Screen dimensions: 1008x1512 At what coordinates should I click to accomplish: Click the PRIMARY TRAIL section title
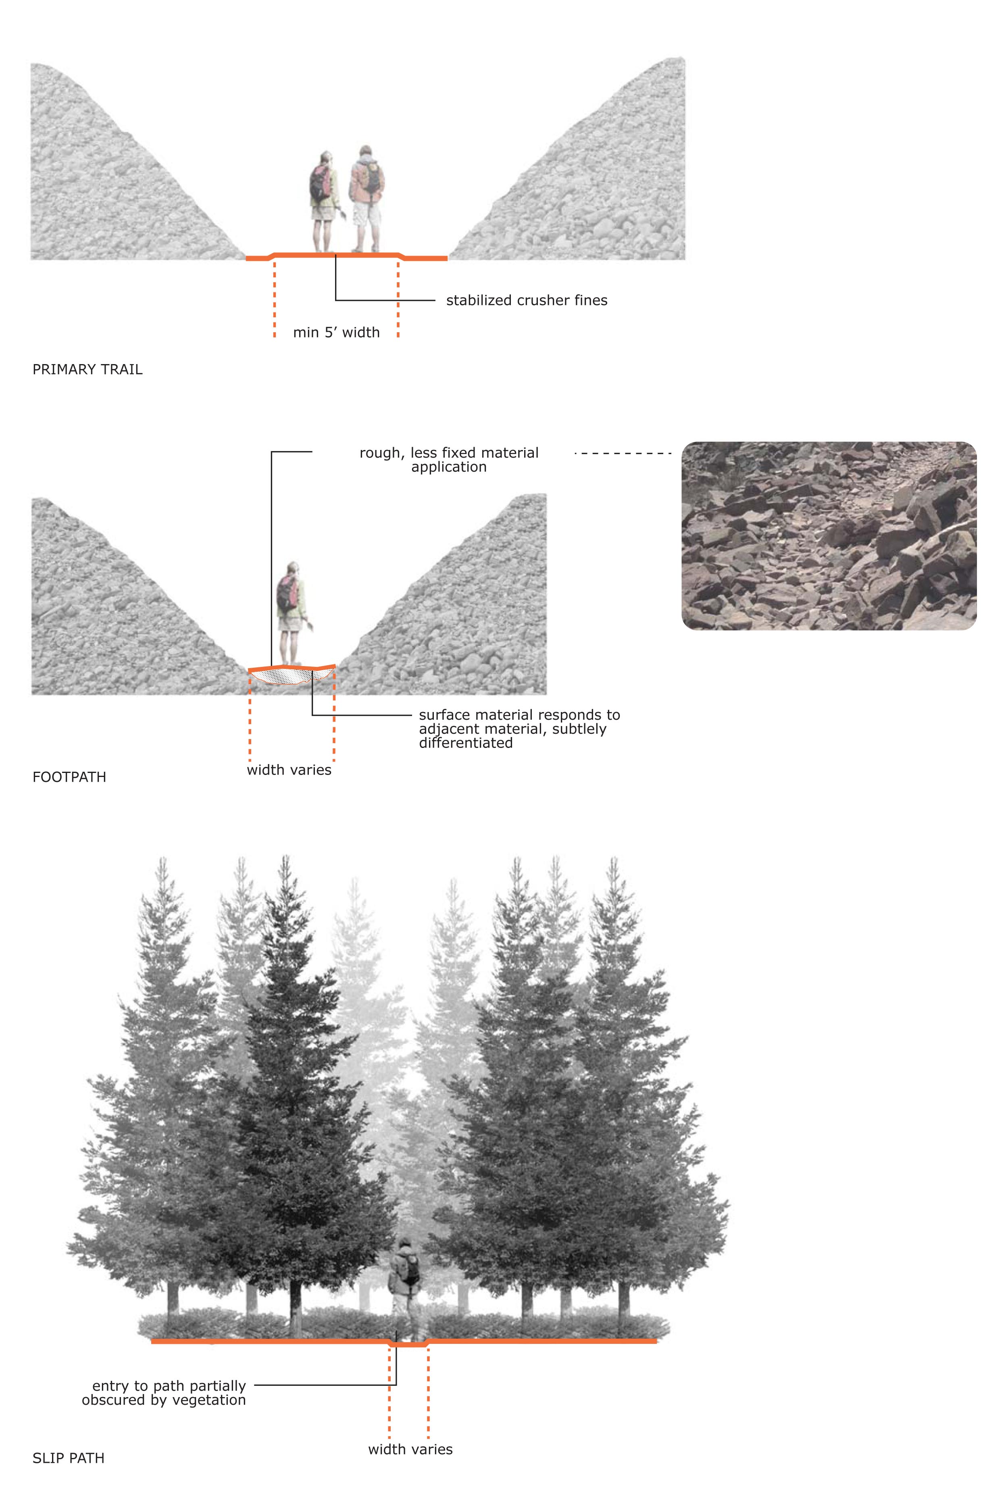point(87,370)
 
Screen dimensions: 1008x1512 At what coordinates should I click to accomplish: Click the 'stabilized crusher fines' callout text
point(527,300)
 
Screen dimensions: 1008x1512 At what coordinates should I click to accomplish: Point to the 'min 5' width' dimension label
point(336,332)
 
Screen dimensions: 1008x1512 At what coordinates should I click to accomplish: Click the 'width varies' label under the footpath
point(289,770)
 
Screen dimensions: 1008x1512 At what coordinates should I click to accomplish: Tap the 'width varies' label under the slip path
point(410,1449)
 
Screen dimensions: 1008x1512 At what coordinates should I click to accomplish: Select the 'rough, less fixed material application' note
point(449,460)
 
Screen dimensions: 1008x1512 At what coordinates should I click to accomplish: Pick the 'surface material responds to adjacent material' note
point(519,729)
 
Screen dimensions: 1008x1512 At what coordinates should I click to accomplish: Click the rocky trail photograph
point(829,535)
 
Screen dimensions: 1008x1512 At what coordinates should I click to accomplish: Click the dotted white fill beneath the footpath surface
point(291,676)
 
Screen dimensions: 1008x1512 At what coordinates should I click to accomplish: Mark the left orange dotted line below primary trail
point(275,297)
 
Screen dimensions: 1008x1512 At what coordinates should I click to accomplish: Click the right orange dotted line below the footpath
point(333,714)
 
